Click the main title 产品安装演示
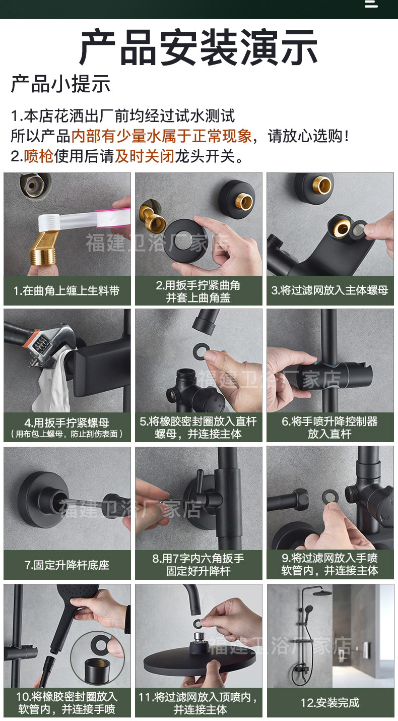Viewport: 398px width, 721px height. tap(198, 48)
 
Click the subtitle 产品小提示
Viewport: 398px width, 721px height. tap(60, 84)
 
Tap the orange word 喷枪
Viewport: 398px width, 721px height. tap(39, 156)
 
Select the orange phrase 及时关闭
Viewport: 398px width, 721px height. tap(144, 156)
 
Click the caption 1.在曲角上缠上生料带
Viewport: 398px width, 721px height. tap(67, 291)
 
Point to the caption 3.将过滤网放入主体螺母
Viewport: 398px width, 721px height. tap(330, 290)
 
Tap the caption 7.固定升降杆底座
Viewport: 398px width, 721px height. tap(67, 565)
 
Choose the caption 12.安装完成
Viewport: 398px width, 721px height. tap(330, 702)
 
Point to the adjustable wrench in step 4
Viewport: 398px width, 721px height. tap(43, 343)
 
